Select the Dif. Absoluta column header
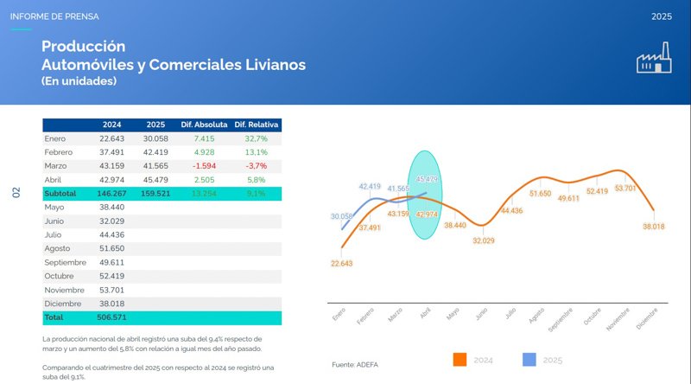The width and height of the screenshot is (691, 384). pos(203,125)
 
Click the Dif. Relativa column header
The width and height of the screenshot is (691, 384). pos(257,125)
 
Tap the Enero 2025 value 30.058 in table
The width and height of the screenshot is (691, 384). pos(156,138)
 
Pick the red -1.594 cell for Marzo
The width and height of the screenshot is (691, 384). pos(203,166)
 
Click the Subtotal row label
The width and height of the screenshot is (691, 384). pos(60,194)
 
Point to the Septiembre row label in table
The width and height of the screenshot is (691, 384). pos(66,263)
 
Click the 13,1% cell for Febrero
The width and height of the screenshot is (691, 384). pos(257,152)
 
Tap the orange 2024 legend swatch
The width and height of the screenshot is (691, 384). pos(460,360)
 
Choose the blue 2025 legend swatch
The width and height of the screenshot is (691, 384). pos(529,360)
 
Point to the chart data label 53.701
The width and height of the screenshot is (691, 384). pos(625,188)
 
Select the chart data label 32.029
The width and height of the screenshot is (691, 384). pos(484,240)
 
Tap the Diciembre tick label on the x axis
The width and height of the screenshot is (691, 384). pos(647,319)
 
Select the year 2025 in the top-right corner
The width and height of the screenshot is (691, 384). pos(662,16)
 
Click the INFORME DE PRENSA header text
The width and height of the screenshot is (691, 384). pos(54,16)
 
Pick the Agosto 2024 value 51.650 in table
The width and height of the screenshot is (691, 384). pos(112,249)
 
